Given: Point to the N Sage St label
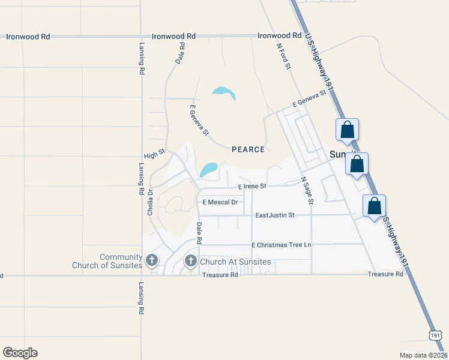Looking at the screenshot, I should (307, 190).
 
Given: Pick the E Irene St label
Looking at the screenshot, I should (252, 187).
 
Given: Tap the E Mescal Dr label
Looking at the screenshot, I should (220, 202).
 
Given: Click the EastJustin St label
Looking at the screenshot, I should (275, 215).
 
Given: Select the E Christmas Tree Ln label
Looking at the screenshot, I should (282, 245).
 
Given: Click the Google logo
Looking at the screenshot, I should (20, 353).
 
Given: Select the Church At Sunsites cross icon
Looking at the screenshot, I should (191, 260).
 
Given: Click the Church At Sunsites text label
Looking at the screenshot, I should (235, 262).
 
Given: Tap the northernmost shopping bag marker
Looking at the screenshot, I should (348, 130).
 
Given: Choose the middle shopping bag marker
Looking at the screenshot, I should (357, 163).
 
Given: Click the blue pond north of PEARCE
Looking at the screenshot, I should (224, 92).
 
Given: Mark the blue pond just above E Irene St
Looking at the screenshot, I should (209, 170).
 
